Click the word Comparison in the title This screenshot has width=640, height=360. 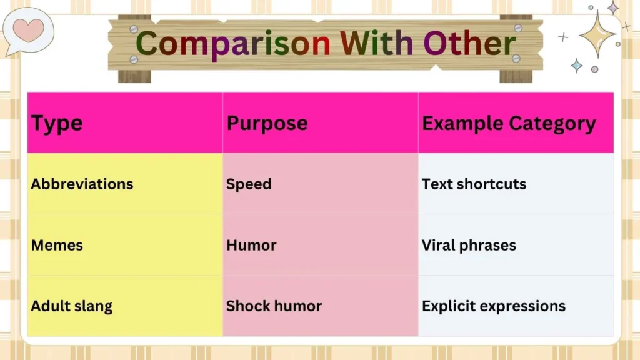click(232, 44)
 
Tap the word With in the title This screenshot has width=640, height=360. click(377, 44)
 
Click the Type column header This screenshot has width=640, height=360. click(57, 123)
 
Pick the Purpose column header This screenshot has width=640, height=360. click(267, 123)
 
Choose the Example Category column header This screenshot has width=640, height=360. click(509, 123)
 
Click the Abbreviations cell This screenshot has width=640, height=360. click(82, 184)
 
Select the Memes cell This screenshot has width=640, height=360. click(57, 245)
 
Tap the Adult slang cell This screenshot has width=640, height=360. click(71, 306)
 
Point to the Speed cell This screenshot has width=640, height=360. click(249, 184)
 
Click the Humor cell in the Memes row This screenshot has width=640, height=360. click(251, 245)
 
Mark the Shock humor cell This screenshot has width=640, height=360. click(274, 306)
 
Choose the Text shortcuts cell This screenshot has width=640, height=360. click(474, 184)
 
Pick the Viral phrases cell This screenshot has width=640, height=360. click(469, 245)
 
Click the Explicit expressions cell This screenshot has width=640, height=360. click(494, 306)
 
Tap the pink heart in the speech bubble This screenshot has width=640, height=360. click(29, 30)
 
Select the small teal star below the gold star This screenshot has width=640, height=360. click(576, 65)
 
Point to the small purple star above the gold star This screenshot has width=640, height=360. click(613, 7)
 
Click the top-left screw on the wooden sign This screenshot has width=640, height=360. click(134, 29)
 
